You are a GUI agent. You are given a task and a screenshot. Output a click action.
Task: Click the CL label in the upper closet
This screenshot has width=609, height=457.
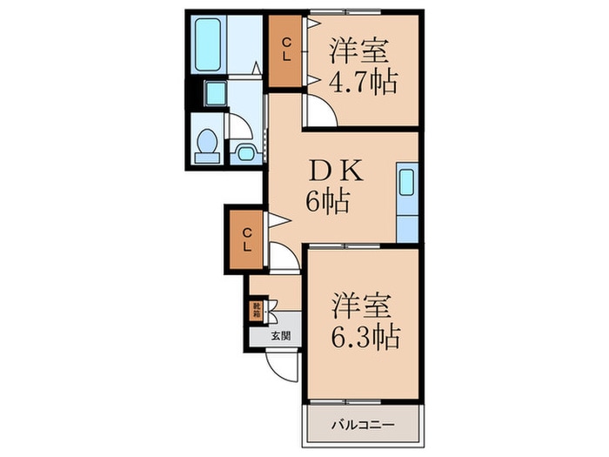click(x=284, y=51)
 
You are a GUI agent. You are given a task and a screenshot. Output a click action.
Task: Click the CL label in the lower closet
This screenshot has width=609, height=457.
click(x=247, y=239)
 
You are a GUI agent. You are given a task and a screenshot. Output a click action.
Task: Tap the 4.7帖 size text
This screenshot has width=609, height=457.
click(x=364, y=83)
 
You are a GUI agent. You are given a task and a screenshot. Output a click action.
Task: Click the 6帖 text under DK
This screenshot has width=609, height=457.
click(x=327, y=203)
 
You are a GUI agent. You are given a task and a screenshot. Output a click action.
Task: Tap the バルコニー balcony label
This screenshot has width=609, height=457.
click(x=363, y=426)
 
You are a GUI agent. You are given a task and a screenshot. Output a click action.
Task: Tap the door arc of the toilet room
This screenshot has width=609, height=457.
click(x=240, y=127)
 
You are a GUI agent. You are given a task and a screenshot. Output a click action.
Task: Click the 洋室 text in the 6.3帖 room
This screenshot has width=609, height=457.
click(x=364, y=306)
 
